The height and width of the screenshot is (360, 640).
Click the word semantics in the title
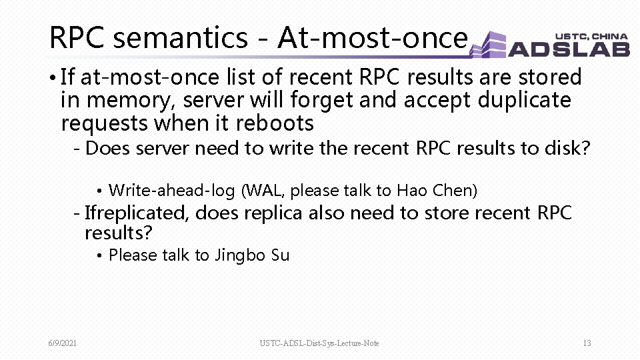pyautogui.click(x=180, y=38)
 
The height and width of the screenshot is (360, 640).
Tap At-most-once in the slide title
pyautogui.click(x=372, y=38)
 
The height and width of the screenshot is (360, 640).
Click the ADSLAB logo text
pyautogui.click(x=569, y=48)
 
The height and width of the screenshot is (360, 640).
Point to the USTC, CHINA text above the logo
pyautogui.click(x=591, y=36)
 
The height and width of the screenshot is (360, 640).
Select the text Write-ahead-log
pyautogui.click(x=171, y=191)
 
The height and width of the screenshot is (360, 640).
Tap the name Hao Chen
pyautogui.click(x=435, y=191)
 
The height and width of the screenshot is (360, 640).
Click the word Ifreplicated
pyautogui.click(x=137, y=213)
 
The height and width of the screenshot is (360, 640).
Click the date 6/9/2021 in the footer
pyautogui.click(x=63, y=343)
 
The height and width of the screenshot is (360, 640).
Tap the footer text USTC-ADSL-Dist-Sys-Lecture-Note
pyautogui.click(x=319, y=343)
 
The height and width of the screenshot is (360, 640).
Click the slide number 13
pyautogui.click(x=587, y=343)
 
